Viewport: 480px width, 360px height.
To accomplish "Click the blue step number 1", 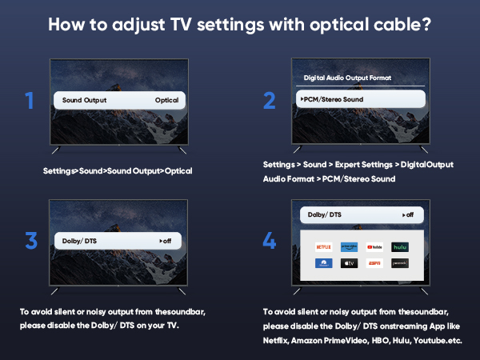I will (30, 102).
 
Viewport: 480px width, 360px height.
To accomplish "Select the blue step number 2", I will (269, 102).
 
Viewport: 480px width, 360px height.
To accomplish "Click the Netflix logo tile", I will (323, 247).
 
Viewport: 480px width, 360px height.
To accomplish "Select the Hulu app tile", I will (400, 247).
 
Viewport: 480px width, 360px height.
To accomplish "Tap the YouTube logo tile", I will (374, 247).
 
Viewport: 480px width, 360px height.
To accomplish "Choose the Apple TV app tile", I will (349, 262).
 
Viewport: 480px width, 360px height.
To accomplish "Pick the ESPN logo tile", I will (374, 262).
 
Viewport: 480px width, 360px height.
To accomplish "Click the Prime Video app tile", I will (349, 247).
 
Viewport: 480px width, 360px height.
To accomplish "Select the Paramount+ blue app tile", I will (323, 262).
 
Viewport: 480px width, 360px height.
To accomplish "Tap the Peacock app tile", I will (400, 262).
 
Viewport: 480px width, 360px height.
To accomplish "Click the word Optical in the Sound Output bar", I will (167, 101).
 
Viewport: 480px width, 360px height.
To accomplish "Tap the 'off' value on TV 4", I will (408, 214).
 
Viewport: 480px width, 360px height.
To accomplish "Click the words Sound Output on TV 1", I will (84, 101).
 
